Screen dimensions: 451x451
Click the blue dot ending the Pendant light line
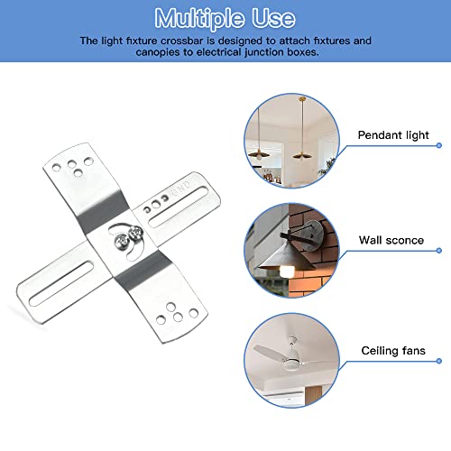click(x=438, y=144)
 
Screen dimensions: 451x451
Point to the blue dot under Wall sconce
click(x=438, y=253)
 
